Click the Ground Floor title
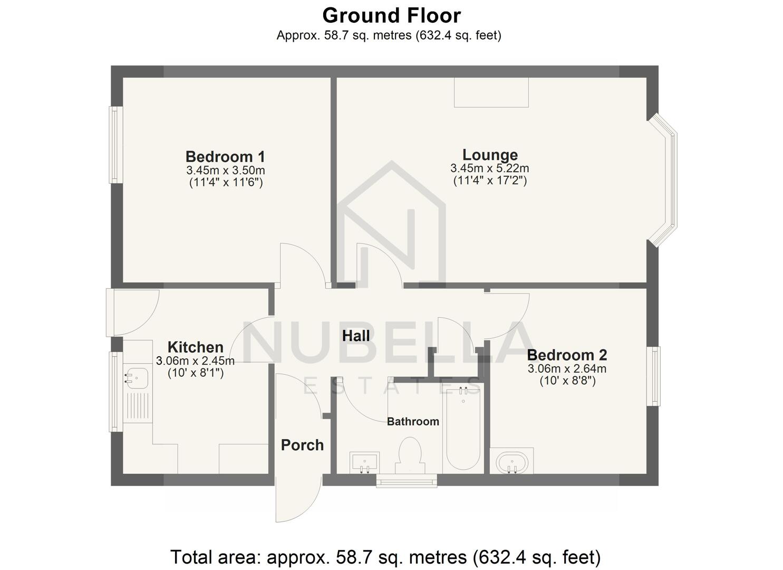pyautogui.click(x=391, y=16)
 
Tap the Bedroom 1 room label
pyautogui.click(x=225, y=157)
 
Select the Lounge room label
pyautogui.click(x=490, y=155)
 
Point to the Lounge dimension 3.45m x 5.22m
pyautogui.click(x=490, y=168)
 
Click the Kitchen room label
pyautogui.click(x=195, y=347)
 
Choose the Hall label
pyautogui.click(x=356, y=336)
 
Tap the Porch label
pyautogui.click(x=302, y=445)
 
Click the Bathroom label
pyautogui.click(x=413, y=421)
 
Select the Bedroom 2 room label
pyautogui.click(x=567, y=355)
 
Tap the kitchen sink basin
pyautogui.click(x=136, y=378)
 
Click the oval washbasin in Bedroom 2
pyautogui.click(x=511, y=463)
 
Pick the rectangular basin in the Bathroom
pyautogui.click(x=364, y=462)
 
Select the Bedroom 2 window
pyautogui.click(x=653, y=376)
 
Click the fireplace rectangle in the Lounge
pyautogui.click(x=491, y=92)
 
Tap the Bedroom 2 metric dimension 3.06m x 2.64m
pyautogui.click(x=567, y=368)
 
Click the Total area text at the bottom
pyautogui.click(x=385, y=557)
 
